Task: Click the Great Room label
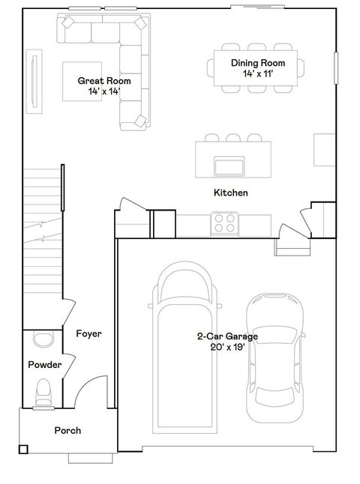[104, 81]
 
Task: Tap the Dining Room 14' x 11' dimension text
[258, 73]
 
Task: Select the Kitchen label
[231, 193]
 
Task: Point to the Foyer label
[88, 333]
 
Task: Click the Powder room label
[45, 365]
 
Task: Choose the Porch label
[67, 431]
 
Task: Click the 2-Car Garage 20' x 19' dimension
[227, 347]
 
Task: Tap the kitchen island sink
[229, 166]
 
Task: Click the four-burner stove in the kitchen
[225, 223]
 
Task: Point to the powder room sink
[43, 339]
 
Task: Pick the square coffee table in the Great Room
[82, 82]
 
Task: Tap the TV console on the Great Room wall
[34, 82]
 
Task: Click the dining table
[256, 68]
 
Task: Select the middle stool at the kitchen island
[233, 138]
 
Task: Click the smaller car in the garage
[274, 357]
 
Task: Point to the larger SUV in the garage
[184, 347]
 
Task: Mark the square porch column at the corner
[23, 449]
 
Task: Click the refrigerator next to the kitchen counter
[164, 224]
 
